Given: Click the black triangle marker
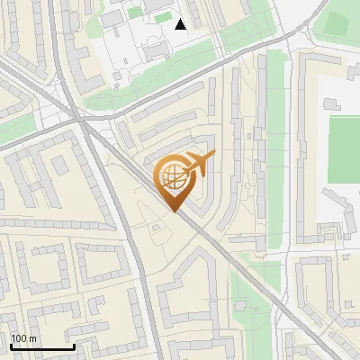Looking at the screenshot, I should pyautogui.click(x=181, y=24).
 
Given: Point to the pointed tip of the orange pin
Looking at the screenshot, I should pyautogui.click(x=173, y=212).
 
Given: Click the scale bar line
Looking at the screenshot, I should pyautogui.click(x=41, y=347).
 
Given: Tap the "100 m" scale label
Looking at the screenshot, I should pyautogui.click(x=24, y=338).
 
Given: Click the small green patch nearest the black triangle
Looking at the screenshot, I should pyautogui.click(x=162, y=18).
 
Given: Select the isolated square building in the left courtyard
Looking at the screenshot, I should pyautogui.click(x=60, y=165).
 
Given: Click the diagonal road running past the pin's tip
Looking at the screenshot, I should pyautogui.click(x=216, y=243).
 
